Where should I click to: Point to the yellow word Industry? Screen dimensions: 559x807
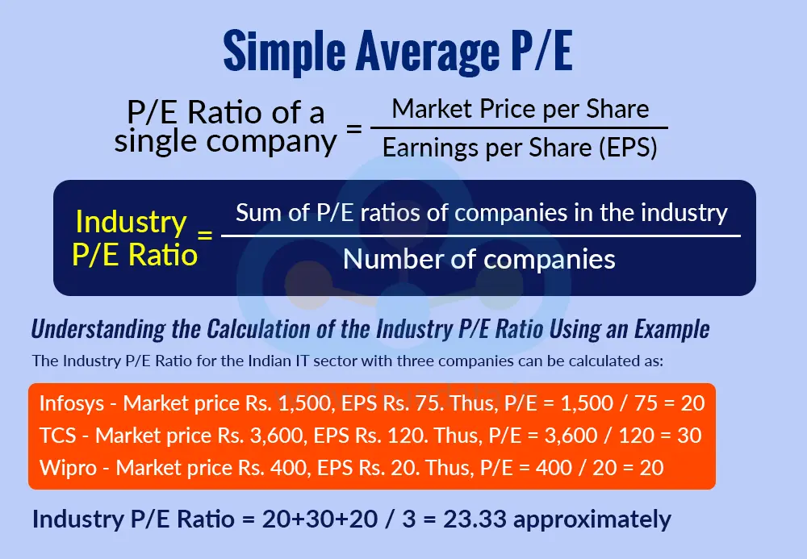131,222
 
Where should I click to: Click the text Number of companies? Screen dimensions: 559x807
479,259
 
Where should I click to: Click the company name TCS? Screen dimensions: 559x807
59,436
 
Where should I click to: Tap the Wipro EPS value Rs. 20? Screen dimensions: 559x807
383,467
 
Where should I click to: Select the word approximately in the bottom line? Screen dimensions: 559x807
592,519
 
